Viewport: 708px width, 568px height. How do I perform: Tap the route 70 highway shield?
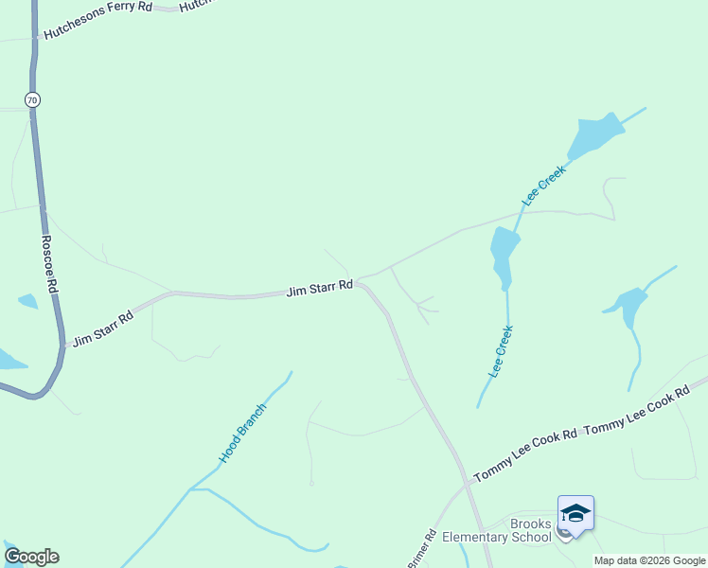[x=33, y=99]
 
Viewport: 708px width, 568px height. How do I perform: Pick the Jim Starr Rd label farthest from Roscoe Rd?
[x=320, y=288]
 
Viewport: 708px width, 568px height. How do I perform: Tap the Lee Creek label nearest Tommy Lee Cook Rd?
[x=501, y=352]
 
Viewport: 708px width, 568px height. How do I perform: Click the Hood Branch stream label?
[x=243, y=433]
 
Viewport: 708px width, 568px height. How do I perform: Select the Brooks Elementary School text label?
[x=498, y=530]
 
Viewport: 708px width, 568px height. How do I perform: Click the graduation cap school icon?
[x=575, y=513]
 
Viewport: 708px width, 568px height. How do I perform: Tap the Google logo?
[x=31, y=556]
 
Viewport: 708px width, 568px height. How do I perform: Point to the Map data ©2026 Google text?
[x=649, y=560]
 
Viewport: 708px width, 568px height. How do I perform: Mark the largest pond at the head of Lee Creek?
[x=593, y=137]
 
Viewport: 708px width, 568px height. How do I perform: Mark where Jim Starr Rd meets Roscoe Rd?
[x=63, y=344]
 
